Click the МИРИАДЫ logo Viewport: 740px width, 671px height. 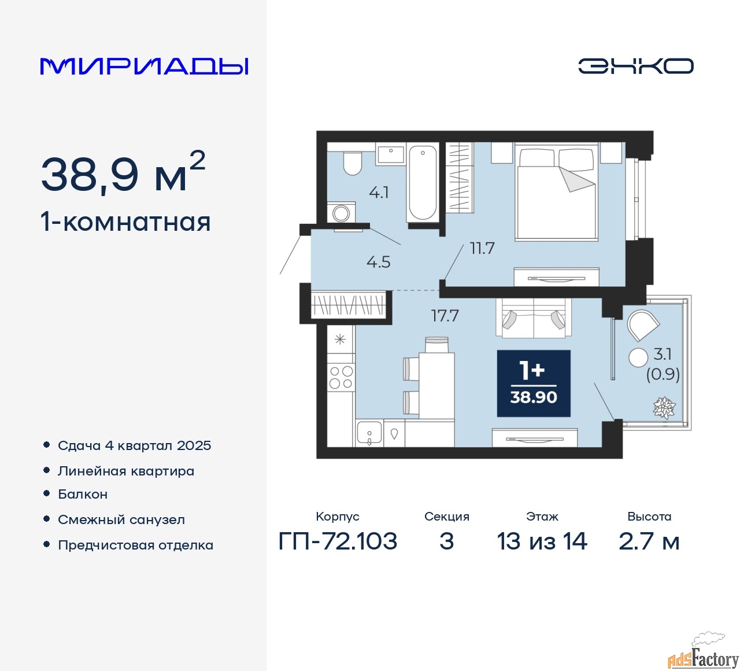tap(144, 67)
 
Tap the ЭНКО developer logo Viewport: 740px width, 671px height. tap(635, 66)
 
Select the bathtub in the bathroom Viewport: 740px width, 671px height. tap(423, 183)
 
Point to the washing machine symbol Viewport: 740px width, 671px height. tap(341, 212)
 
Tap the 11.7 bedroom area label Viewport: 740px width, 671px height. tap(482, 248)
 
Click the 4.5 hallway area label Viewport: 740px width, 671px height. tap(379, 262)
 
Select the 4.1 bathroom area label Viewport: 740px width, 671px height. tap(379, 193)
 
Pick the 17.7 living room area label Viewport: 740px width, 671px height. tap(445, 316)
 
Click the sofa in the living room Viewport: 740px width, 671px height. tap(534, 318)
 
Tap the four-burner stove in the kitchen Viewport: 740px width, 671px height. tap(341, 377)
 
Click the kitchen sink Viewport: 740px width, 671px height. tap(369, 433)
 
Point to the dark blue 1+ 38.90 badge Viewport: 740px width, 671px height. tap(534, 384)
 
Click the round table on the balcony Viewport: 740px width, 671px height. tap(638, 357)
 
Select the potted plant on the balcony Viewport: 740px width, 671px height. tap(664, 408)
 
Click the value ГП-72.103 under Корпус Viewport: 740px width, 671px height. tap(338, 541)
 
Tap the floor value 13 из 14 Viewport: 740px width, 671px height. tap(542, 541)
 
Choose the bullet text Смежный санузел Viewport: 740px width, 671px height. tap(121, 519)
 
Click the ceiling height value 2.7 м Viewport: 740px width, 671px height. tap(649, 541)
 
